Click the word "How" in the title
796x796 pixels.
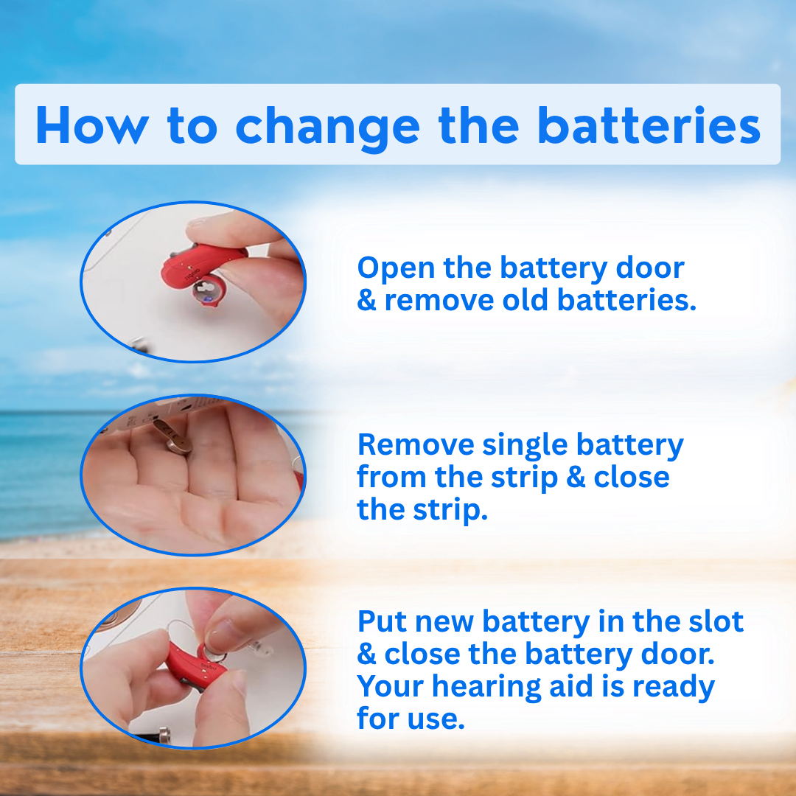(92, 125)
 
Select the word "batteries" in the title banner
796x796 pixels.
(649, 125)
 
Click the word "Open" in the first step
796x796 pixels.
(396, 269)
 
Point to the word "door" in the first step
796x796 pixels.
(649, 268)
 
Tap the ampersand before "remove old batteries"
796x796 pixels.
(366, 300)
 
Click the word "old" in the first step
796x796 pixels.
(525, 300)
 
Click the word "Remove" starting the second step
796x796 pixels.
(415, 444)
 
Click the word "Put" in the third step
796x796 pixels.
(383, 621)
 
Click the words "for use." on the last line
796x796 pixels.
(411, 719)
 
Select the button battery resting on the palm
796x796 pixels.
(172, 436)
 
